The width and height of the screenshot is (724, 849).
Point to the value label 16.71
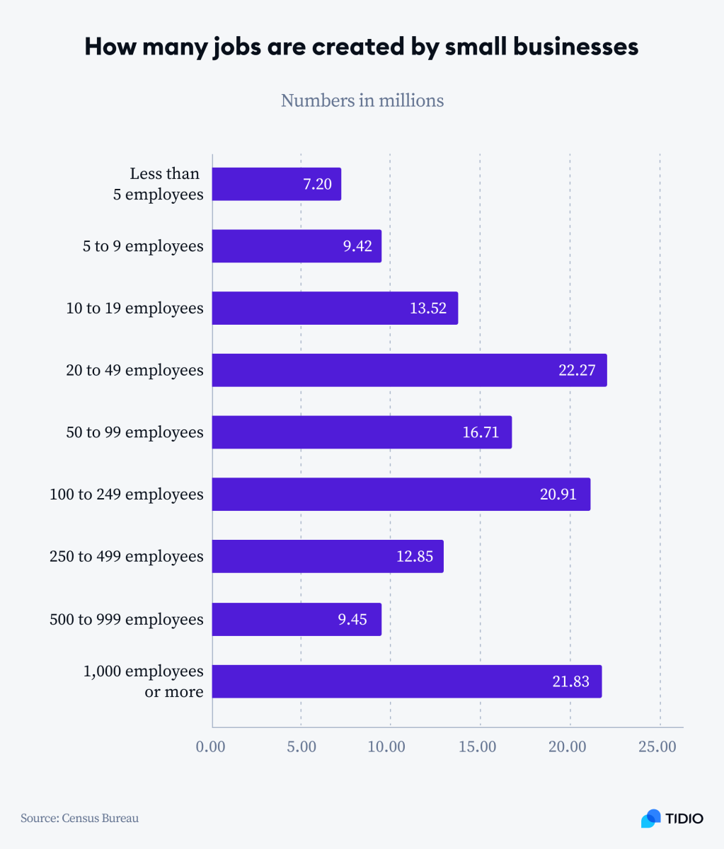coord(481,432)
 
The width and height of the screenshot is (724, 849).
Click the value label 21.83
coord(570,681)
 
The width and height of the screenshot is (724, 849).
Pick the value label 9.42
coord(357,246)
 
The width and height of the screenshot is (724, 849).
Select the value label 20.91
coord(558,495)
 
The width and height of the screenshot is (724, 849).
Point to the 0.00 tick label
coord(210,747)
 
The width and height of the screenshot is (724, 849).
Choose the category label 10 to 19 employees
coord(134,308)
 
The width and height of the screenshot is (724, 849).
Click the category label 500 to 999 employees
coord(126,620)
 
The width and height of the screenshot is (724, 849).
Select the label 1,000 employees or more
coord(144,681)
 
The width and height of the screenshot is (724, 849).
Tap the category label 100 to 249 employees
coord(126,495)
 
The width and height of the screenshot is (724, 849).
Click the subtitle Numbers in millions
coord(362,100)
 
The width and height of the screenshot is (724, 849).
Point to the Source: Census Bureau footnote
coord(79,819)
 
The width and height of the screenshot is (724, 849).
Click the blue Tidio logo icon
coord(650,819)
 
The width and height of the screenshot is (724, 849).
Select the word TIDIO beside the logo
coord(684,819)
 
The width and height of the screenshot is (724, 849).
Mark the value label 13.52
coord(428,308)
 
